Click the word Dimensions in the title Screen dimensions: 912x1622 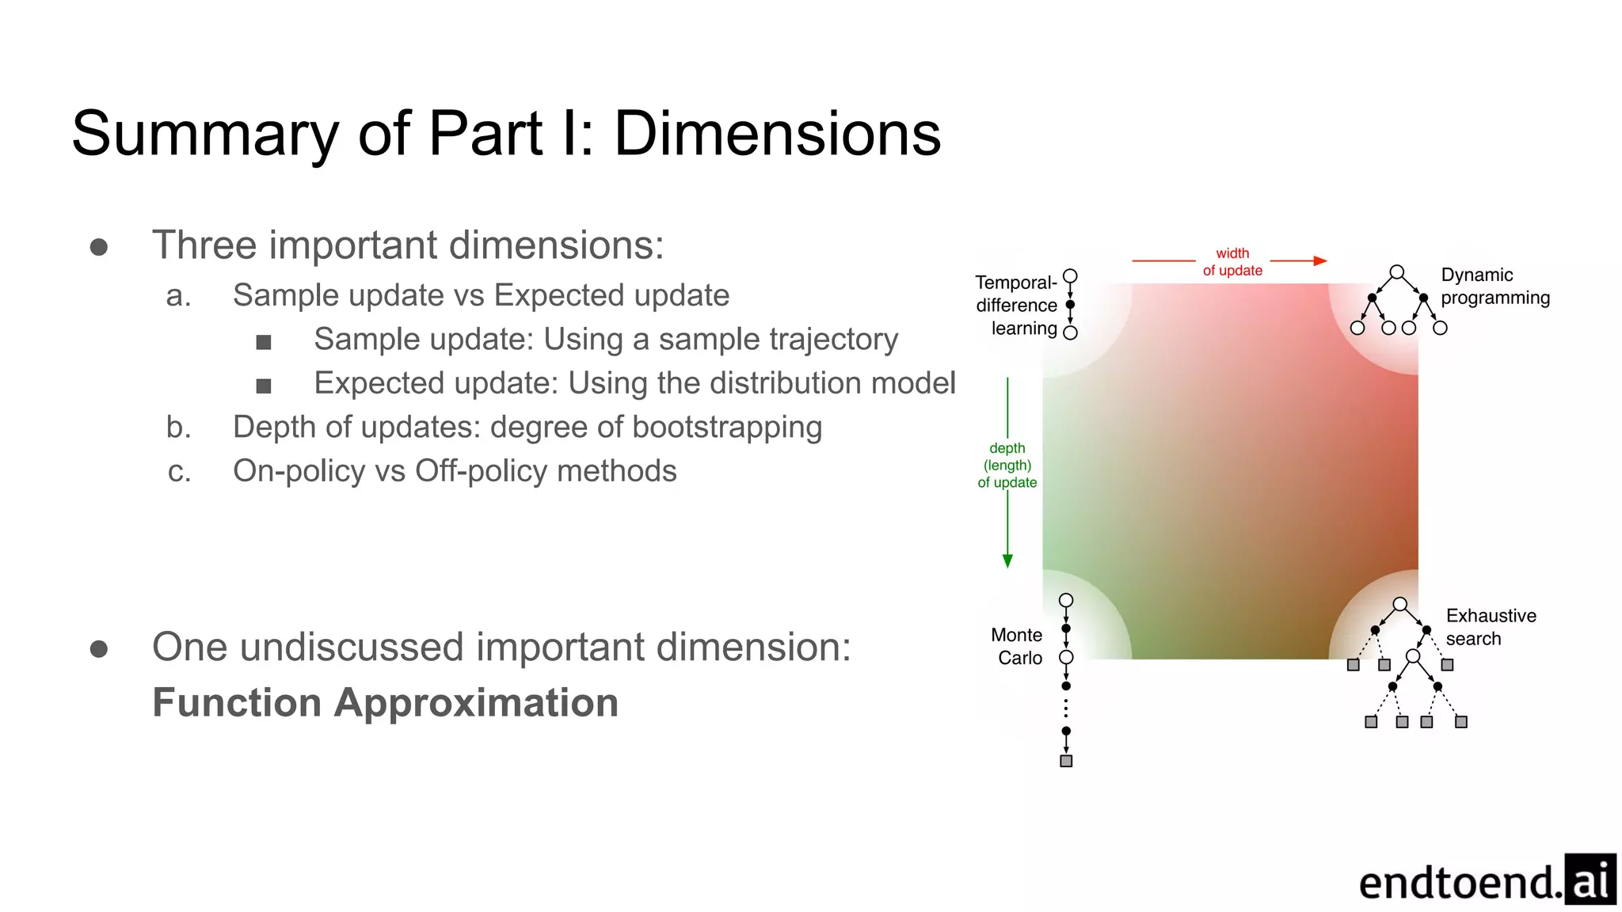point(777,133)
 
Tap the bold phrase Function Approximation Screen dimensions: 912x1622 point(385,702)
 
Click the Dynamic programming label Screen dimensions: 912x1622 point(1494,286)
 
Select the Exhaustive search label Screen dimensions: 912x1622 point(1490,627)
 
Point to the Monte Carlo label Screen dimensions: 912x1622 point(1018,646)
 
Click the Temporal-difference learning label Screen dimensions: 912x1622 point(1017,306)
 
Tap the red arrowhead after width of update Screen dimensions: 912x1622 point(1319,260)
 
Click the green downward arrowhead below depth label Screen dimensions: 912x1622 point(1007,560)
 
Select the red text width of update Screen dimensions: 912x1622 point(1232,262)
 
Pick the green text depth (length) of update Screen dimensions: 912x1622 point(1007,465)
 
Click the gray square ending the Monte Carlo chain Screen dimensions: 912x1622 point(1066,761)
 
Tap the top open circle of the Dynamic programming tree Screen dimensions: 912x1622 point(1397,272)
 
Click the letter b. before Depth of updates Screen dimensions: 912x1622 point(179,427)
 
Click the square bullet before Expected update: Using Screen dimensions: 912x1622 point(264,386)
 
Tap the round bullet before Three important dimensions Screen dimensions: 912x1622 point(99,247)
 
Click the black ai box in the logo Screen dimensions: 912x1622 point(1590,880)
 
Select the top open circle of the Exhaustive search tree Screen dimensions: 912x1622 point(1400,604)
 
